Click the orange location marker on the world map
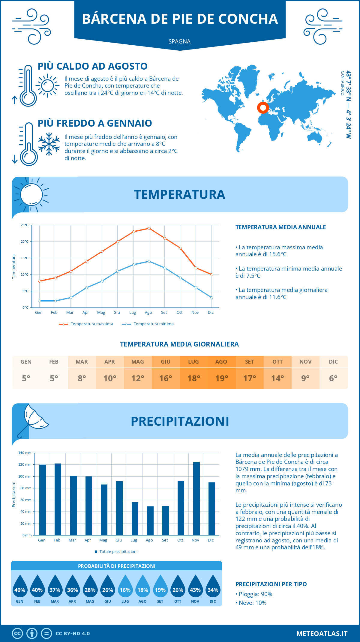tap(263, 107)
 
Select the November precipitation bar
tap(196, 499)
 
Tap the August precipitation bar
tap(150, 521)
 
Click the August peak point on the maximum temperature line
tap(149, 228)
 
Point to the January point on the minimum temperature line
tap(40, 301)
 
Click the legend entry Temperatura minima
tap(148, 324)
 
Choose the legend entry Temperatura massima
tap(86, 324)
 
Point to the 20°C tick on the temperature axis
tap(25, 241)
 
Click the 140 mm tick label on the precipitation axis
tap(25, 453)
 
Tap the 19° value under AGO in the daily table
tap(222, 378)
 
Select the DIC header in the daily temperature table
tap(333, 362)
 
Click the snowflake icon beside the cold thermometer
tap(49, 144)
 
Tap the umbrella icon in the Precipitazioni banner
tap(33, 420)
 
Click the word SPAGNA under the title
tap(179, 41)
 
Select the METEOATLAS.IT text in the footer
tap(322, 634)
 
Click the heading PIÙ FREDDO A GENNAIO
tap(95, 123)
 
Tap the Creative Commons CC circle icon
tap(17, 634)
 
